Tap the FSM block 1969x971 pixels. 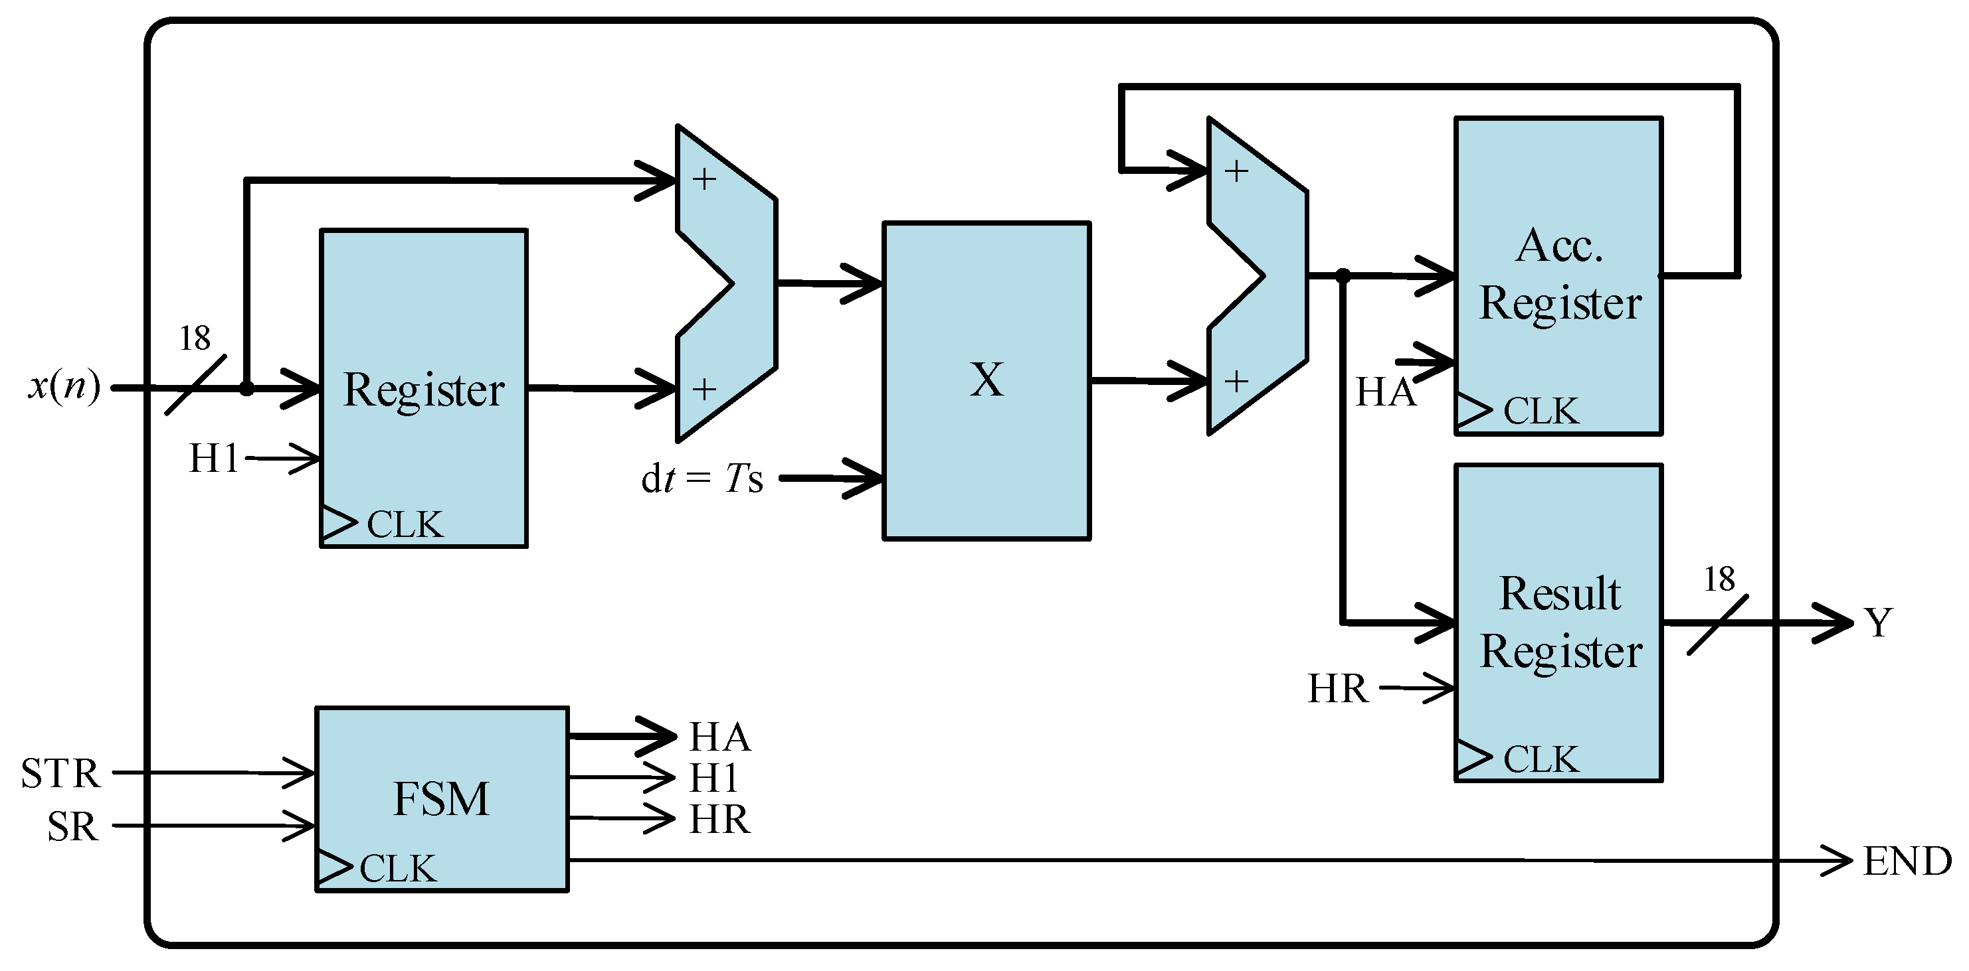pos(441,799)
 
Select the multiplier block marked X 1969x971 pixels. pos(986,380)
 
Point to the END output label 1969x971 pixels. pos(1907,861)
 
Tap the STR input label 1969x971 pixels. pos(60,773)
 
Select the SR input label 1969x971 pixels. pos(72,826)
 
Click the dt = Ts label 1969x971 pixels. pos(702,480)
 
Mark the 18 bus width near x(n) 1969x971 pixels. pos(194,338)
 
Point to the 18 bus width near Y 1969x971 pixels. pos(1719,579)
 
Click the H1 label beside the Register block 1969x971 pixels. pos(213,459)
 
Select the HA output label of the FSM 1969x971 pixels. pos(719,737)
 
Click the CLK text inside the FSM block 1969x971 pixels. pos(397,869)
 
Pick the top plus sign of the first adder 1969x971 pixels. pos(704,179)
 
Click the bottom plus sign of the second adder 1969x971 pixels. pos(1236,380)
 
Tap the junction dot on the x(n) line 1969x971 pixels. pos(246,389)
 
